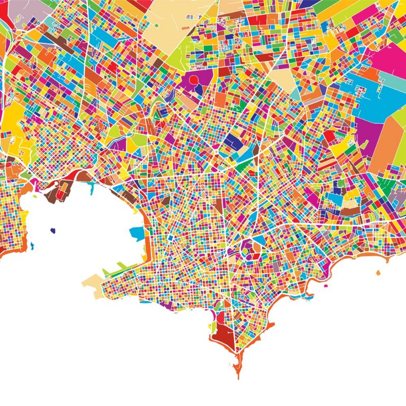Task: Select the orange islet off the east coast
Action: (378, 273)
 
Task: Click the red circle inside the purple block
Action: (193, 80)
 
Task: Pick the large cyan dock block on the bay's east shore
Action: (137, 233)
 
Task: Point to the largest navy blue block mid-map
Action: (233, 141)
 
